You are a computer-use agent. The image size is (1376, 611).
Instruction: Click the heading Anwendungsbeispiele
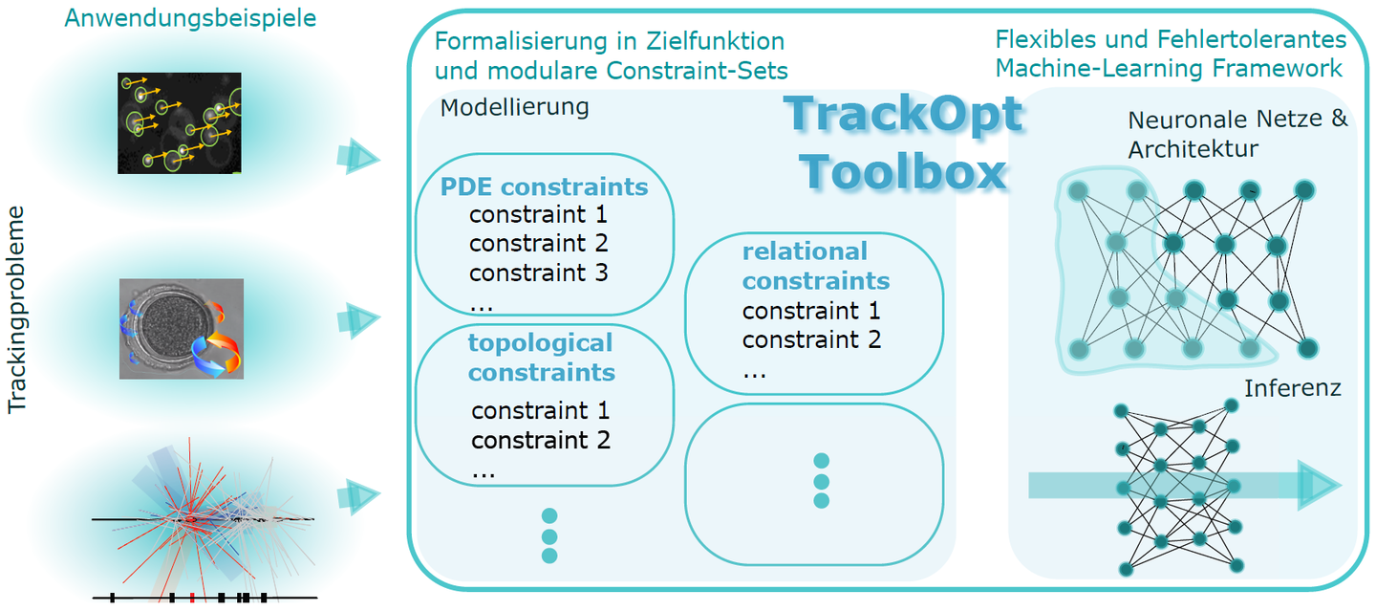coord(190,18)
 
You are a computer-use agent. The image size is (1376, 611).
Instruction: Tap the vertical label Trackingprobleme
coord(16,310)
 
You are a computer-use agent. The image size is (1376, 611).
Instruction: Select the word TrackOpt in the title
coord(903,115)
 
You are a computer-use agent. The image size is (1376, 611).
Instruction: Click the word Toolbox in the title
coord(903,171)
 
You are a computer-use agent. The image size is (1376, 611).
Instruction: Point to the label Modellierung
coord(515,107)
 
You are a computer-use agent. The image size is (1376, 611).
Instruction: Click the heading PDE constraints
coord(545,186)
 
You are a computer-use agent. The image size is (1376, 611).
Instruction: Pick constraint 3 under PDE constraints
coord(539,273)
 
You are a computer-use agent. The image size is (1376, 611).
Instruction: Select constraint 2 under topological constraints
coord(541,440)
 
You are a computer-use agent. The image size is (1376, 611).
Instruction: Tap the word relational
coord(805,251)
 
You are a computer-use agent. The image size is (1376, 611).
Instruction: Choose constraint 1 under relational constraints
coord(811,311)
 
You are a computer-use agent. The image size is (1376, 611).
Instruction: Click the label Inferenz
coord(1293,388)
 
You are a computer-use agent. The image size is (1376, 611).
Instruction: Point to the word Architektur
coord(1193,149)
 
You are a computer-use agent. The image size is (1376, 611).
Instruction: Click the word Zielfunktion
coord(715,42)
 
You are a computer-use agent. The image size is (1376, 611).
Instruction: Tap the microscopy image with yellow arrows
coord(180,123)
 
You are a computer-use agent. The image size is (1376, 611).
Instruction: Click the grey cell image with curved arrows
coord(182,329)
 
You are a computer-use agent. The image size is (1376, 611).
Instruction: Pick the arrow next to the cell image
coord(358,320)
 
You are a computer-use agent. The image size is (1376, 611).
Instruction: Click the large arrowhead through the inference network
coord(1319,486)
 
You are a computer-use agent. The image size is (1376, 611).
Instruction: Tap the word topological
coord(541,343)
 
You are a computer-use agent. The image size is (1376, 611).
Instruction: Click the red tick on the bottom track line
coord(192,598)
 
